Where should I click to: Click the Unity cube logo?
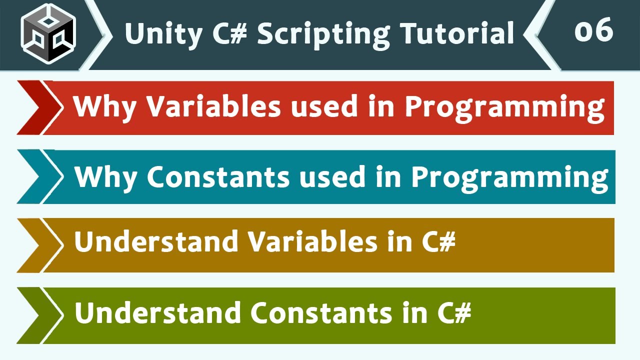click(48, 33)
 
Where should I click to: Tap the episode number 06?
click(593, 31)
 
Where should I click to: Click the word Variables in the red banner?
click(213, 106)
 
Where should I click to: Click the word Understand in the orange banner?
click(156, 242)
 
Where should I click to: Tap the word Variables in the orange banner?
click(313, 242)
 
